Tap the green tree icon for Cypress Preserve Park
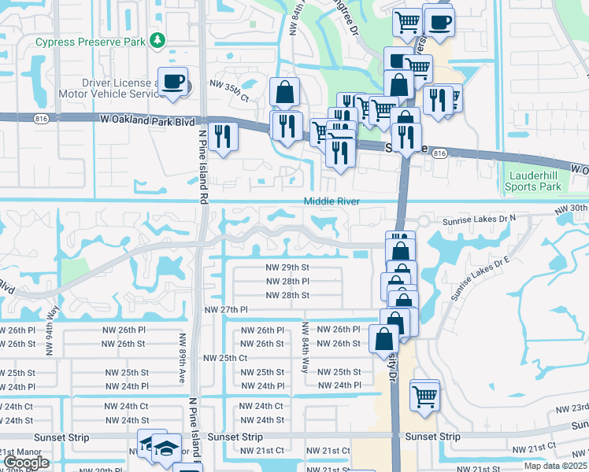click(x=158, y=39)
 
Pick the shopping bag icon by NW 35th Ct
click(x=284, y=92)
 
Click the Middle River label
click(x=332, y=202)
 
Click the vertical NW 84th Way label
click(x=305, y=345)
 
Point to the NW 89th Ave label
click(x=181, y=359)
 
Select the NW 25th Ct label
click(x=226, y=358)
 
